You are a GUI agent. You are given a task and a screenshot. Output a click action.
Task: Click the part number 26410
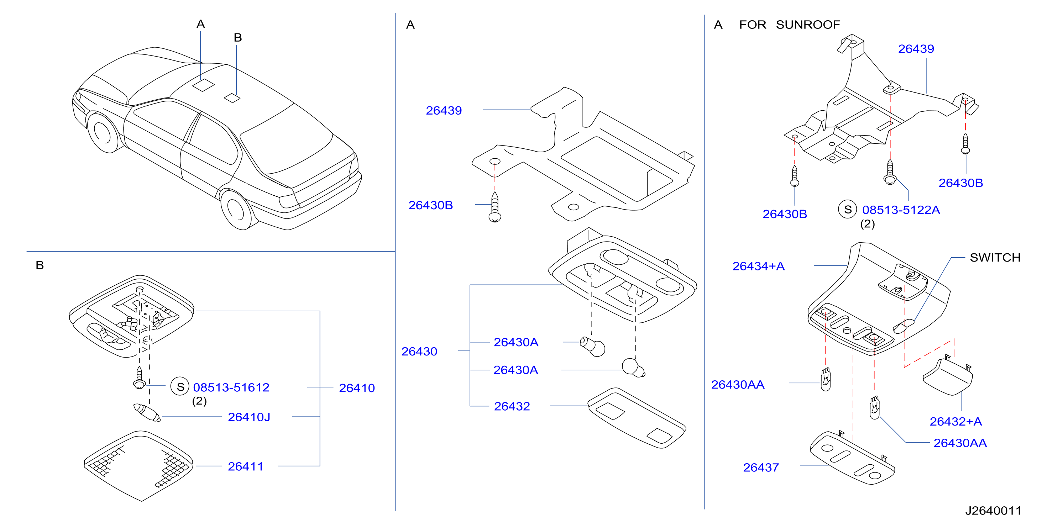pyautogui.click(x=357, y=388)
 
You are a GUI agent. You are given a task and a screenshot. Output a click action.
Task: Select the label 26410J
pyautogui.click(x=249, y=417)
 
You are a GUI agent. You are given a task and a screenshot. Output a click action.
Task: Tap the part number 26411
pyautogui.click(x=246, y=466)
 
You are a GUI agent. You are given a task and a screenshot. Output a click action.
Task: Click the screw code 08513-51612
pyautogui.click(x=231, y=387)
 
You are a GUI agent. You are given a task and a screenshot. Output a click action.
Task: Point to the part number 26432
pyautogui.click(x=512, y=406)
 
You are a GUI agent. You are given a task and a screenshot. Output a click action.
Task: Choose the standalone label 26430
pyautogui.click(x=419, y=352)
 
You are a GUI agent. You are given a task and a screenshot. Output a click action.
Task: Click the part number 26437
pyautogui.click(x=761, y=468)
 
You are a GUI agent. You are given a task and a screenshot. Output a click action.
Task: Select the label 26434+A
pyautogui.click(x=759, y=266)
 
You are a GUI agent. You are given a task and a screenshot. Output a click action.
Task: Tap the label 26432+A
pyautogui.click(x=956, y=421)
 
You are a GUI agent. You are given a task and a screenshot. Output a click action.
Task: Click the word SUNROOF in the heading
pyautogui.click(x=808, y=25)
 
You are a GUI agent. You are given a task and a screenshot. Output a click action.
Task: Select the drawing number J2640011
pyautogui.click(x=993, y=511)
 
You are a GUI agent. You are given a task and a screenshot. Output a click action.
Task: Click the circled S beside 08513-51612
pyautogui.click(x=180, y=386)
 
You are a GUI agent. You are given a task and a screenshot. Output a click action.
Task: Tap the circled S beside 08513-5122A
pyautogui.click(x=848, y=209)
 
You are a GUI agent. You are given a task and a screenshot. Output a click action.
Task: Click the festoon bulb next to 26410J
pyautogui.click(x=147, y=413)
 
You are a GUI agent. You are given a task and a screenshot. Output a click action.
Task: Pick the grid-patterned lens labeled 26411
pyautogui.click(x=138, y=466)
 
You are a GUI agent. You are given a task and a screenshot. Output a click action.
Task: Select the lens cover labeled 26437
pyautogui.click(x=853, y=458)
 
